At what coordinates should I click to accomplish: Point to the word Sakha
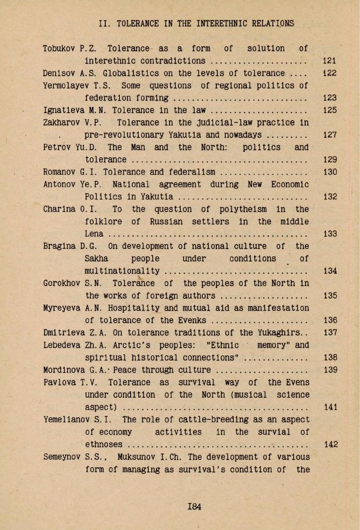coord(96,258)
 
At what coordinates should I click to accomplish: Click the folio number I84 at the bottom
coord(195,506)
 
